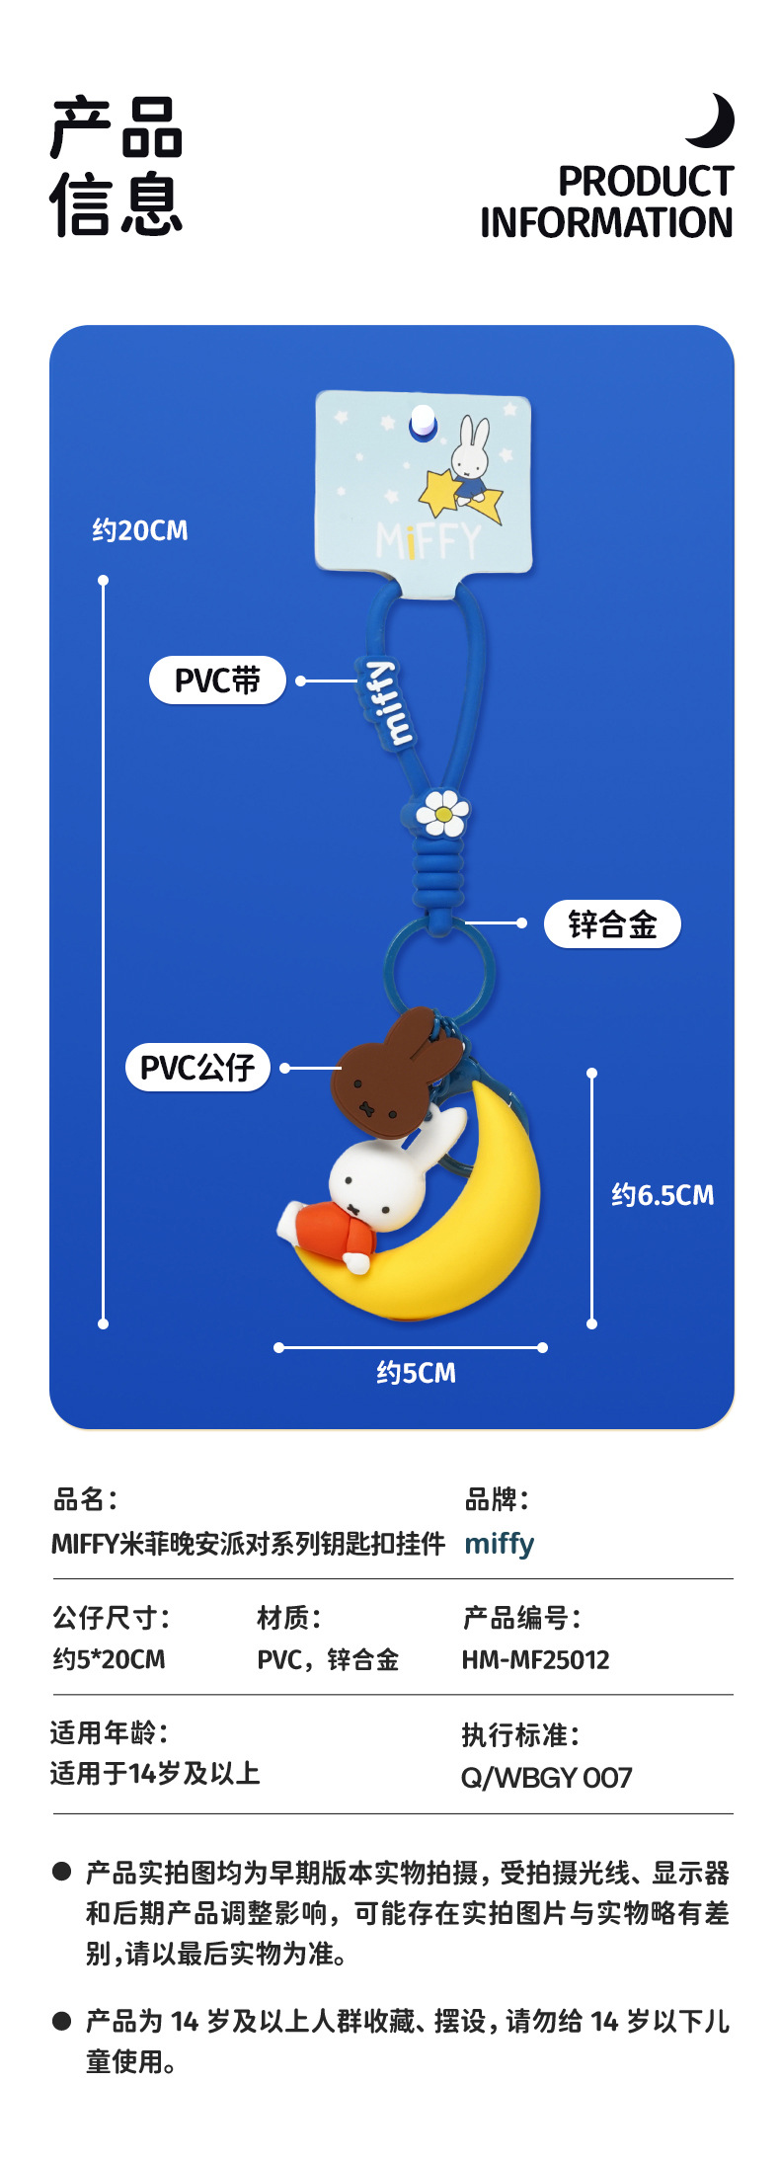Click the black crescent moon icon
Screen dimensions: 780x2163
(713, 121)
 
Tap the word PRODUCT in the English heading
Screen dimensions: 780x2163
(646, 182)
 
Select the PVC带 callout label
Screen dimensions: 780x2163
(217, 681)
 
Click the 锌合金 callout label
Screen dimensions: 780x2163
(612, 924)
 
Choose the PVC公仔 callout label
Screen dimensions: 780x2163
(197, 1068)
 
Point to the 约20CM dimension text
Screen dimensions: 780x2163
(140, 531)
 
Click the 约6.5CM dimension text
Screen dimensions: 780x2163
(663, 1196)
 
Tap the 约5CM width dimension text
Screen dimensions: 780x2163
(416, 1373)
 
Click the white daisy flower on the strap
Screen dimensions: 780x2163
(442, 814)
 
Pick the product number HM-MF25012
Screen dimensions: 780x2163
(535, 1659)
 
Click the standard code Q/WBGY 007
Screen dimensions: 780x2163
(546, 1778)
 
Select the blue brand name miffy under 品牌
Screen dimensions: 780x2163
(499, 1543)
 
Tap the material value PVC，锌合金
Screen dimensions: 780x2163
(328, 1659)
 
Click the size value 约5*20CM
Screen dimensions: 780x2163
(109, 1659)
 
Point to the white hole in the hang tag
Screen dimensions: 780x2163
(423, 420)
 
